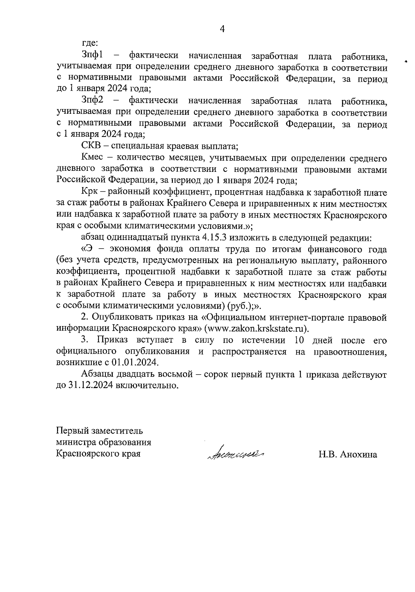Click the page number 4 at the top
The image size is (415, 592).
click(x=222, y=29)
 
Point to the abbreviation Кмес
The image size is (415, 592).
click(x=92, y=158)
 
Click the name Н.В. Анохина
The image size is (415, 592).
click(x=348, y=454)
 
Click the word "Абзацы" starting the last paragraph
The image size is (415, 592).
click(x=96, y=374)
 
